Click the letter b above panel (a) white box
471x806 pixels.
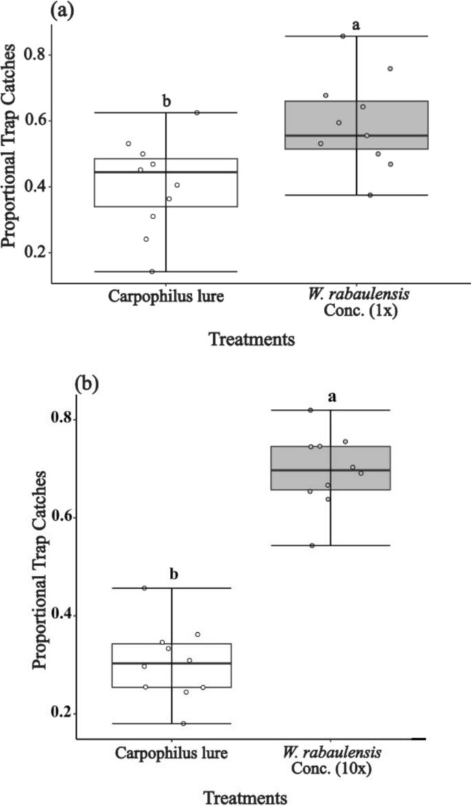[166, 102]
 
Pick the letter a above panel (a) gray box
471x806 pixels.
[356, 25]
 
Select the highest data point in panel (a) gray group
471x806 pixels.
[343, 36]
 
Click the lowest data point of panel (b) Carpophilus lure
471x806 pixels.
[184, 724]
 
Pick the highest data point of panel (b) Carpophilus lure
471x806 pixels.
[144, 588]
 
